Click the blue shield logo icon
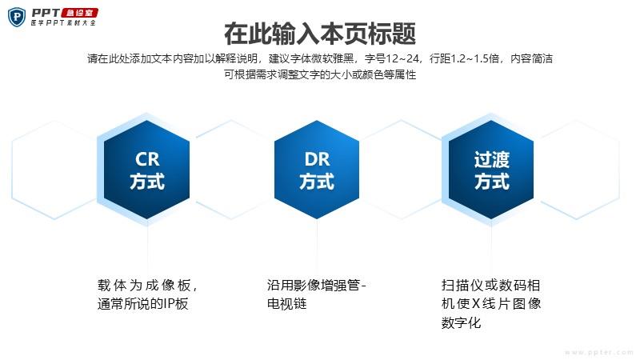tap(17, 17)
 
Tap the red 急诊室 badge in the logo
tap(79, 13)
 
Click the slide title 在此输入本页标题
tap(320, 34)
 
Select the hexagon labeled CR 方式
tap(147, 170)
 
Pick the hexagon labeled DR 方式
tap(317, 170)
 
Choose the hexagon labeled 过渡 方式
tap(491, 170)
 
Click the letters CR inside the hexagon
tap(147, 159)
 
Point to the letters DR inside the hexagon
tap(317, 159)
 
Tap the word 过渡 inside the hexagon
tap(491, 159)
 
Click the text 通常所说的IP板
tap(143, 304)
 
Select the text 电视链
tap(286, 304)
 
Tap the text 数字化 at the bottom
tap(462, 323)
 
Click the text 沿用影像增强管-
tap(316, 285)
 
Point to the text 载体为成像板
tap(144, 285)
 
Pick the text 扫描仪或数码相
tap(490, 285)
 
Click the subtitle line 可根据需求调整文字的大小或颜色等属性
tap(320, 74)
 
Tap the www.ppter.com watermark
tap(598, 352)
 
